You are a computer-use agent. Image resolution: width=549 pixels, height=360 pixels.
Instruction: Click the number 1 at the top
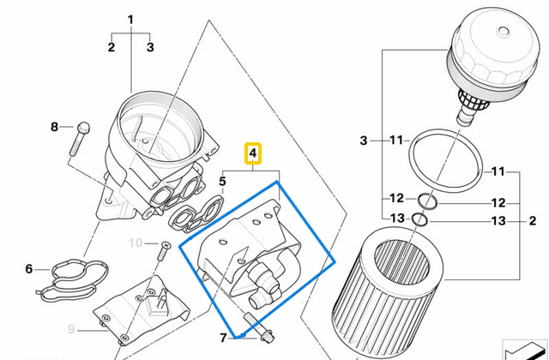[x=130, y=19]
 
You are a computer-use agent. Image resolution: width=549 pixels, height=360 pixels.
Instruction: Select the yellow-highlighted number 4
[x=252, y=154]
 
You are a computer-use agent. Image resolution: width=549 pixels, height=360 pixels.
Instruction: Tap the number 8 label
[x=54, y=127]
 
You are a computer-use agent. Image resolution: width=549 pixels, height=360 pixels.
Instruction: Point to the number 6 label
[x=28, y=269]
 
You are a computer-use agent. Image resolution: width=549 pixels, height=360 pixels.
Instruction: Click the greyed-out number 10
[x=135, y=243]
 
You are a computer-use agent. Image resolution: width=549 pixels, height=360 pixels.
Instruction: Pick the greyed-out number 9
[x=72, y=329]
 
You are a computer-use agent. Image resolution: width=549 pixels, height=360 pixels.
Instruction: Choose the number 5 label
[x=222, y=181]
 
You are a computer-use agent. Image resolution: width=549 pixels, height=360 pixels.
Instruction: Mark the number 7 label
[x=221, y=337]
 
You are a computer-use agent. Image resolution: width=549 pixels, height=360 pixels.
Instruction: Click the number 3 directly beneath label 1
[x=150, y=47]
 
